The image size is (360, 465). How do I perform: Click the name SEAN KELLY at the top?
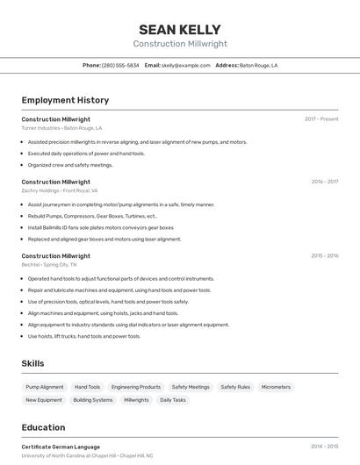pyautogui.click(x=179, y=29)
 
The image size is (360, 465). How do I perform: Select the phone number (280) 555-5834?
pyautogui.click(x=120, y=65)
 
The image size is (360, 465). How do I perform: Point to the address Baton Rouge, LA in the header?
pyautogui.click(x=258, y=65)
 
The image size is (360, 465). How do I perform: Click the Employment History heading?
pyautogui.click(x=65, y=100)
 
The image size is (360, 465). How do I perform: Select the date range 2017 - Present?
pyautogui.click(x=321, y=118)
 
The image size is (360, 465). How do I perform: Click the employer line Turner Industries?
pyautogui.click(x=61, y=128)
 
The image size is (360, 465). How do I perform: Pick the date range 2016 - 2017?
pyautogui.click(x=324, y=182)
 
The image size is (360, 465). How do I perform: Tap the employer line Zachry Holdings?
pyautogui.click(x=59, y=190)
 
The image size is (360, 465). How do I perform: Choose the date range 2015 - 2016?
pyautogui.click(x=324, y=255)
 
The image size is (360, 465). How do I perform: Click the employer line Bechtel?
pyautogui.click(x=48, y=264)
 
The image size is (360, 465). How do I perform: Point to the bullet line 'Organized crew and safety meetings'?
pyautogui.click(x=70, y=165)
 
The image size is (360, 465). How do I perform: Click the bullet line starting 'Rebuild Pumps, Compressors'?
pyautogui.click(x=92, y=216)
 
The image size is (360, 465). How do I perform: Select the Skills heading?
pyautogui.click(x=32, y=363)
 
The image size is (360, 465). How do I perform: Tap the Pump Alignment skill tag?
pyautogui.click(x=45, y=387)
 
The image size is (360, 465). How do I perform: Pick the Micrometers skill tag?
pyautogui.click(x=276, y=387)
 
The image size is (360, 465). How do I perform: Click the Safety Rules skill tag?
pyautogui.click(x=235, y=387)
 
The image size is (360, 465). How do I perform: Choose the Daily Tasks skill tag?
pyautogui.click(x=173, y=400)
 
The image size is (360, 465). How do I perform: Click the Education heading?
pyautogui.click(x=43, y=427)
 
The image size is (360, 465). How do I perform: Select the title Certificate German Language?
pyautogui.click(x=61, y=447)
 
